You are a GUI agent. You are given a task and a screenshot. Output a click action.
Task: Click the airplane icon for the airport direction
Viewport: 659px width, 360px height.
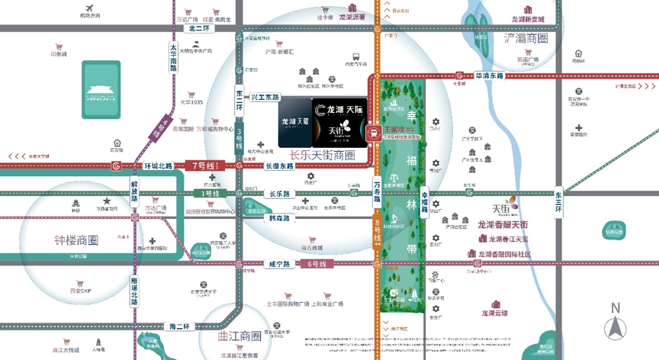point(90,9)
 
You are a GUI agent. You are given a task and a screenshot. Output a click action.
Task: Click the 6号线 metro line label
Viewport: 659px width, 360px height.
point(317,264)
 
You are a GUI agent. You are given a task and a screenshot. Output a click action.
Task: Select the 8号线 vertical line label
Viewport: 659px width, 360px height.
point(377,233)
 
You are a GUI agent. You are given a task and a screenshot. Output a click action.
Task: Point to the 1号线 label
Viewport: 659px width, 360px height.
point(210,194)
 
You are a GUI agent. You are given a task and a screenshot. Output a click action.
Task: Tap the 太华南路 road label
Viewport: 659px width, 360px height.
point(173,57)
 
